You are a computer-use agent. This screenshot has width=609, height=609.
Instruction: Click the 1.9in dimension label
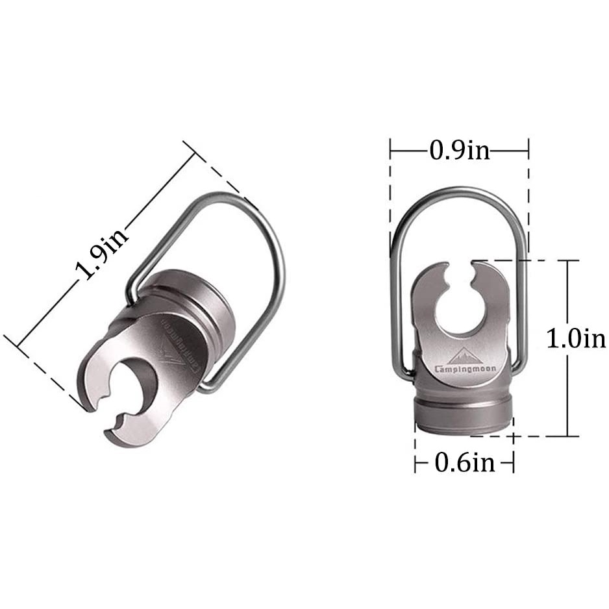click(x=102, y=253)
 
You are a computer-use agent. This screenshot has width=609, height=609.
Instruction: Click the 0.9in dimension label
click(x=460, y=151)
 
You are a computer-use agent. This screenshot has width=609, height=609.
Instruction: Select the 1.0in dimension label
click(x=576, y=338)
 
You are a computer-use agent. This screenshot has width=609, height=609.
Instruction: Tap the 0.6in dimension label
click(x=464, y=462)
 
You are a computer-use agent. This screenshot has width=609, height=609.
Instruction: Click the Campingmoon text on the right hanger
click(x=466, y=369)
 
